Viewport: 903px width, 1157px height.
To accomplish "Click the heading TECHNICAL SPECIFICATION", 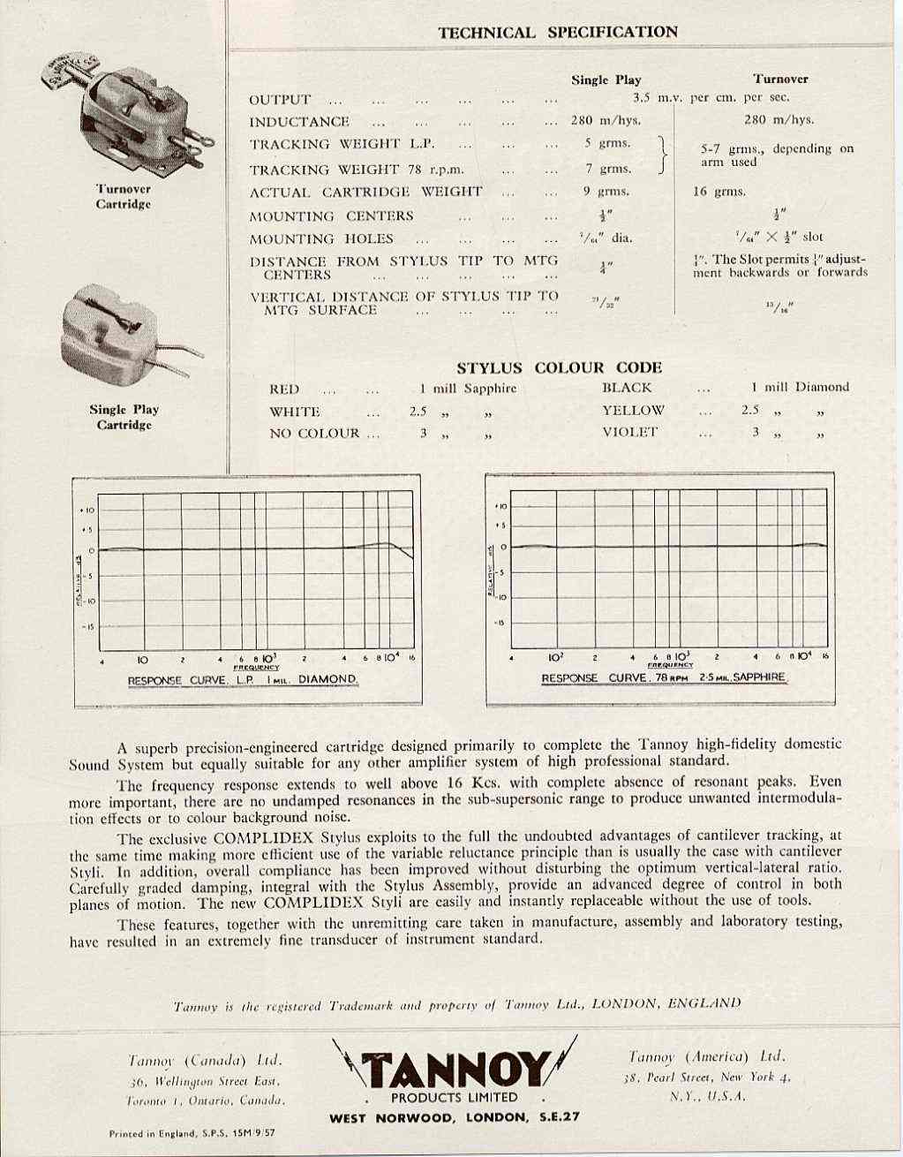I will tap(558, 33).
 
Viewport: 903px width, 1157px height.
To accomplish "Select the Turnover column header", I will tap(780, 79).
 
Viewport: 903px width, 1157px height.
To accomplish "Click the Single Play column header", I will tap(606, 79).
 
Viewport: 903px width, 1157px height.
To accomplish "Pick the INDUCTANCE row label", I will tap(299, 122).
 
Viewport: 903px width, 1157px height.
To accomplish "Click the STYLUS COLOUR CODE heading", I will tap(559, 367).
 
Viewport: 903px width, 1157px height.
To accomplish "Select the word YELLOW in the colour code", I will tap(633, 410).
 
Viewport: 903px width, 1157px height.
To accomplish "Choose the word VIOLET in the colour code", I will tap(630, 432).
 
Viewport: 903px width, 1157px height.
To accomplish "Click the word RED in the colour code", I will tap(284, 389).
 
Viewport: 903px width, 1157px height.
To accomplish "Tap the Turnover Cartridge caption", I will tap(124, 196).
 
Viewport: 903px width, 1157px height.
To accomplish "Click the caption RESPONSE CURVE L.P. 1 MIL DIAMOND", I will tap(243, 680).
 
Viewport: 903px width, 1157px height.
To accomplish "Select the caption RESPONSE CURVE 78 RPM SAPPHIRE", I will tap(663, 677).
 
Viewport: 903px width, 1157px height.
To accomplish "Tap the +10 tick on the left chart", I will tap(88, 510).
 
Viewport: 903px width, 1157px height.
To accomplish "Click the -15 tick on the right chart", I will tap(500, 622).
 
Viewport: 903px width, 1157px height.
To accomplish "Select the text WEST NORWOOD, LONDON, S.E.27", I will tap(455, 1116).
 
